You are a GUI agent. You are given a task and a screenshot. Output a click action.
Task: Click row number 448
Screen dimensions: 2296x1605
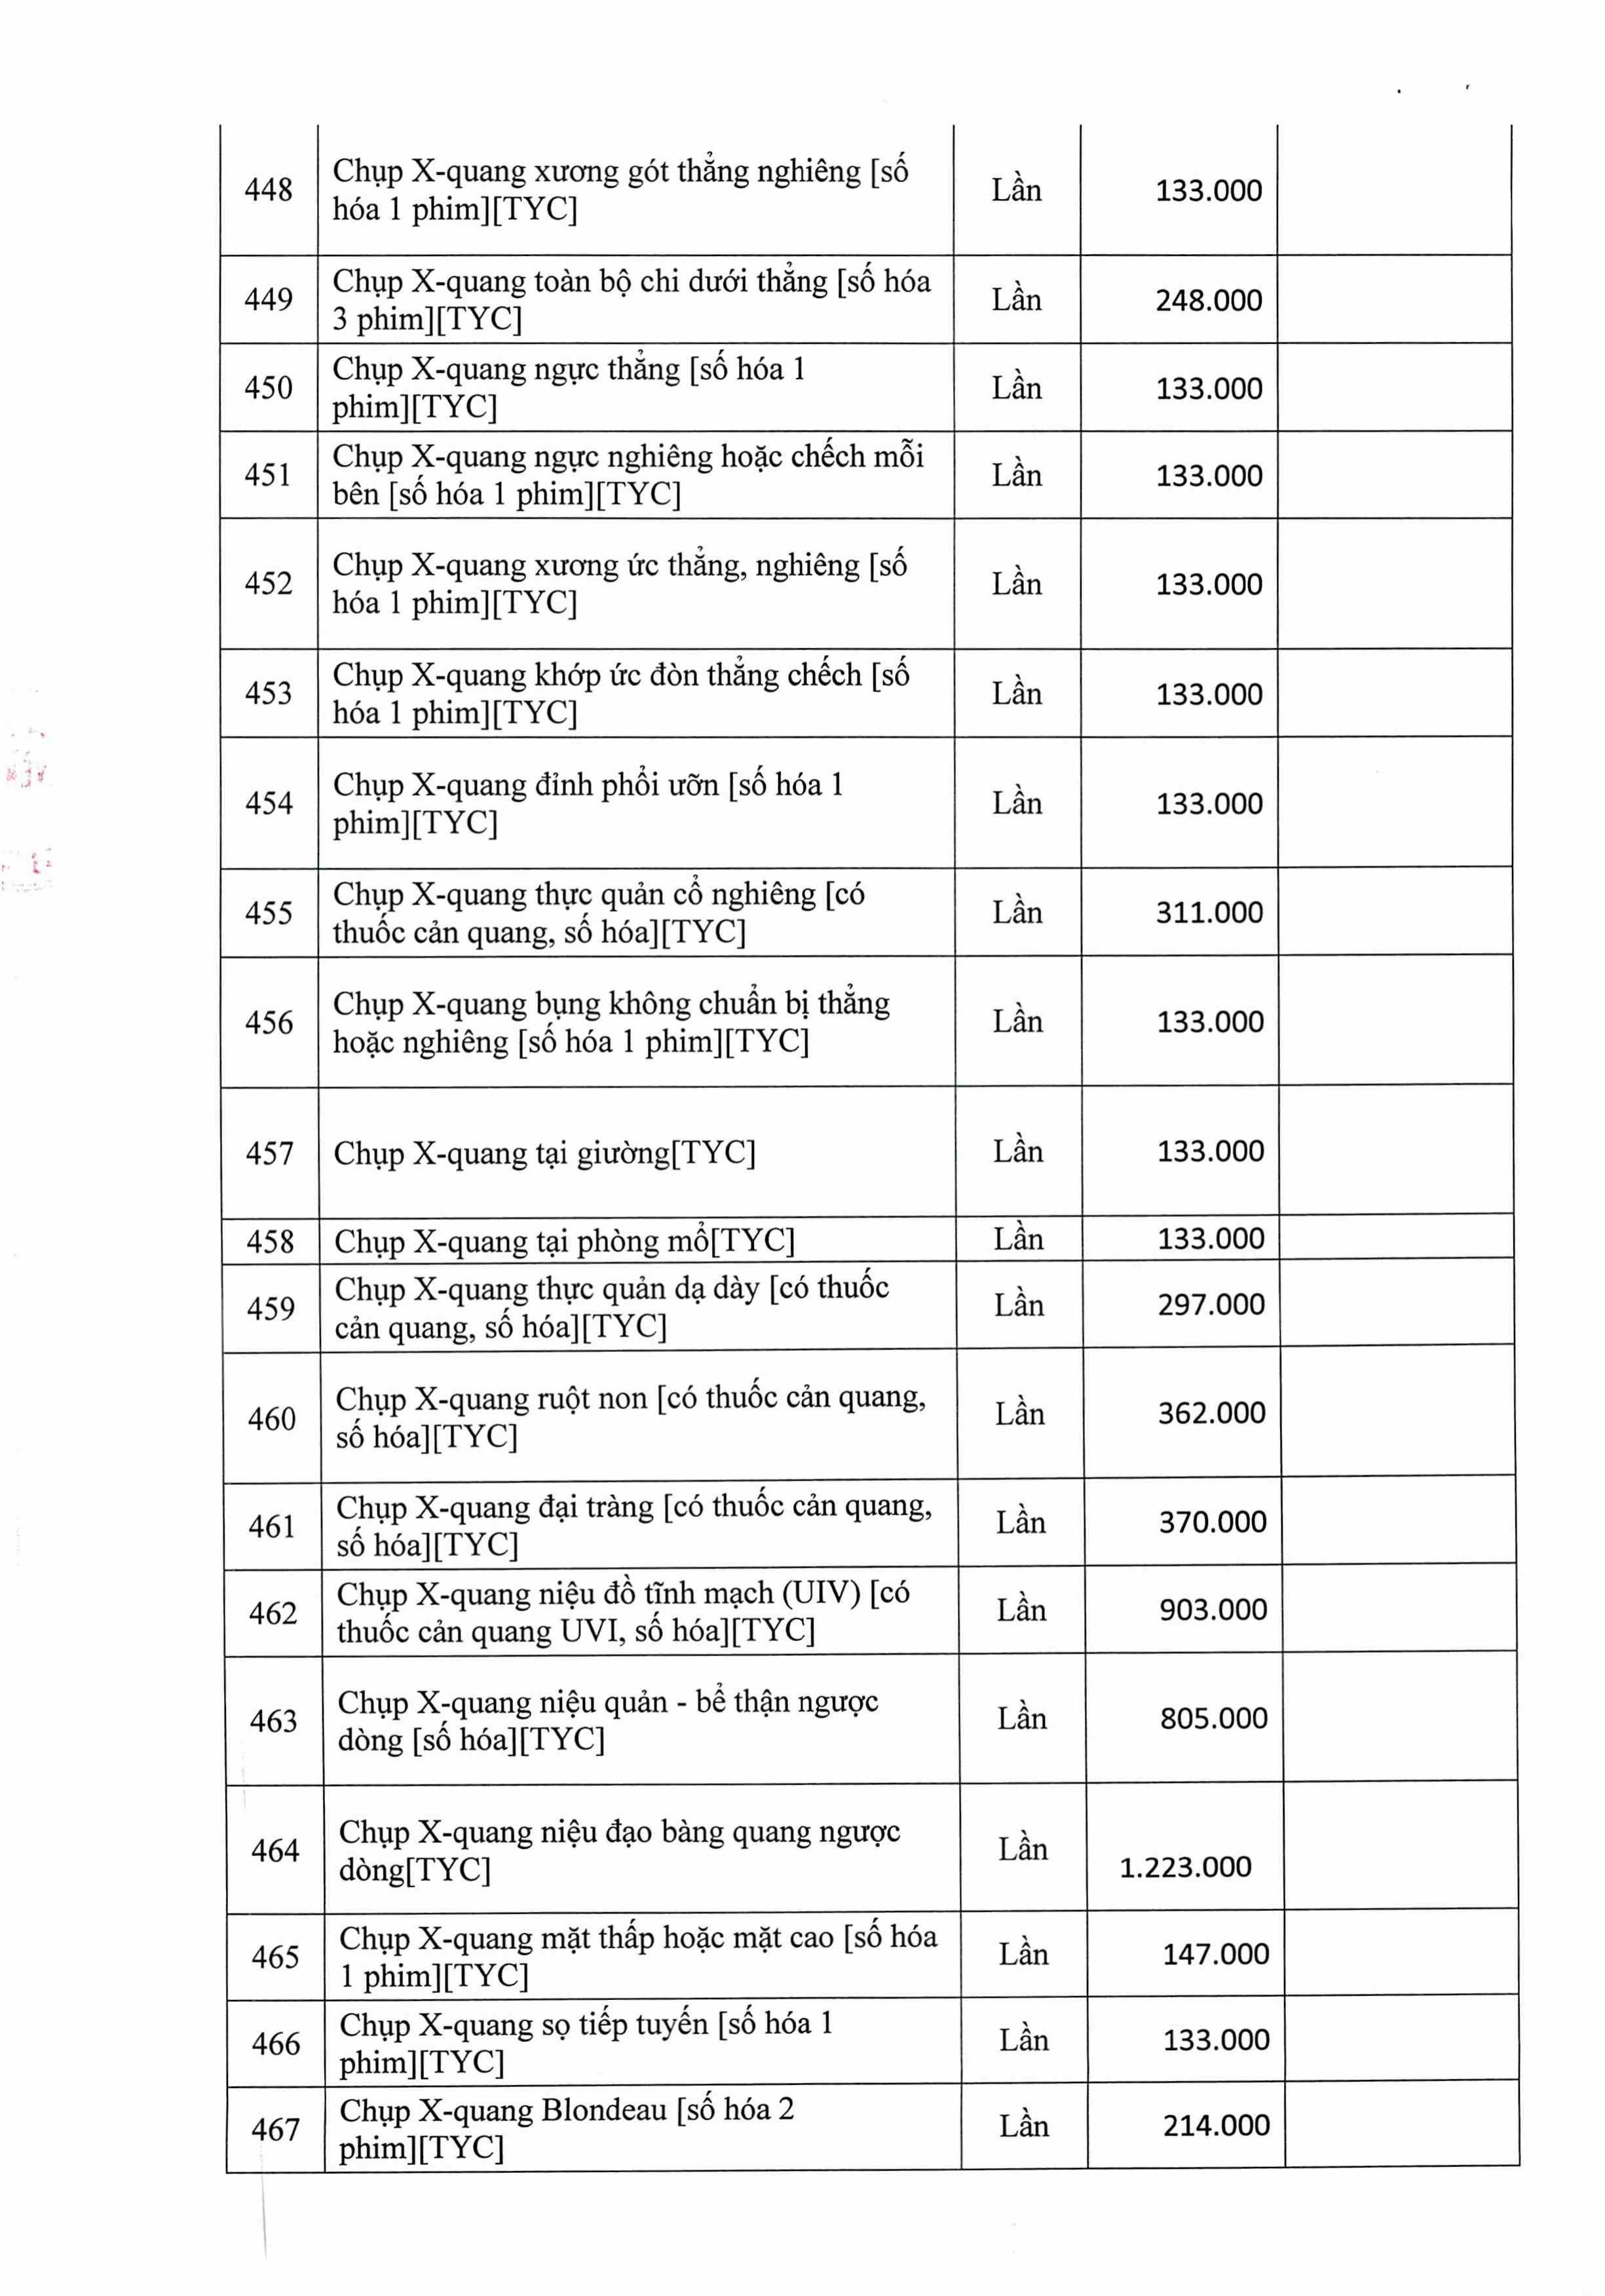[x=268, y=190]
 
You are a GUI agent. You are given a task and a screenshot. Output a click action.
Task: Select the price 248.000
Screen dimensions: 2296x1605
[x=1208, y=300]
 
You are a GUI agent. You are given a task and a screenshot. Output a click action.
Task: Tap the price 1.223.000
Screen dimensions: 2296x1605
[x=1185, y=1867]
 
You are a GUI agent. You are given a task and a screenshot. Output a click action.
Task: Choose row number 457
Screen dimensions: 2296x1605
[x=269, y=1153]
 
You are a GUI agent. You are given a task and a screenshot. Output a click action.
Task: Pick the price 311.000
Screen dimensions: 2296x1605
[x=1209, y=912]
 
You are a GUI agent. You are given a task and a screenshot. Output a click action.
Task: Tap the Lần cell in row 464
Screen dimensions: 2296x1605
[x=1022, y=1849]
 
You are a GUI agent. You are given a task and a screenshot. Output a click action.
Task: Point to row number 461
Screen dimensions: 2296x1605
[x=272, y=1526]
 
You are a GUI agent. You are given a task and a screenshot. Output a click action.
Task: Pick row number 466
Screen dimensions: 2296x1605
[x=275, y=2043]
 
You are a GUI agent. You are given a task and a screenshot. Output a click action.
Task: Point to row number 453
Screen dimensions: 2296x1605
[x=268, y=693]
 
